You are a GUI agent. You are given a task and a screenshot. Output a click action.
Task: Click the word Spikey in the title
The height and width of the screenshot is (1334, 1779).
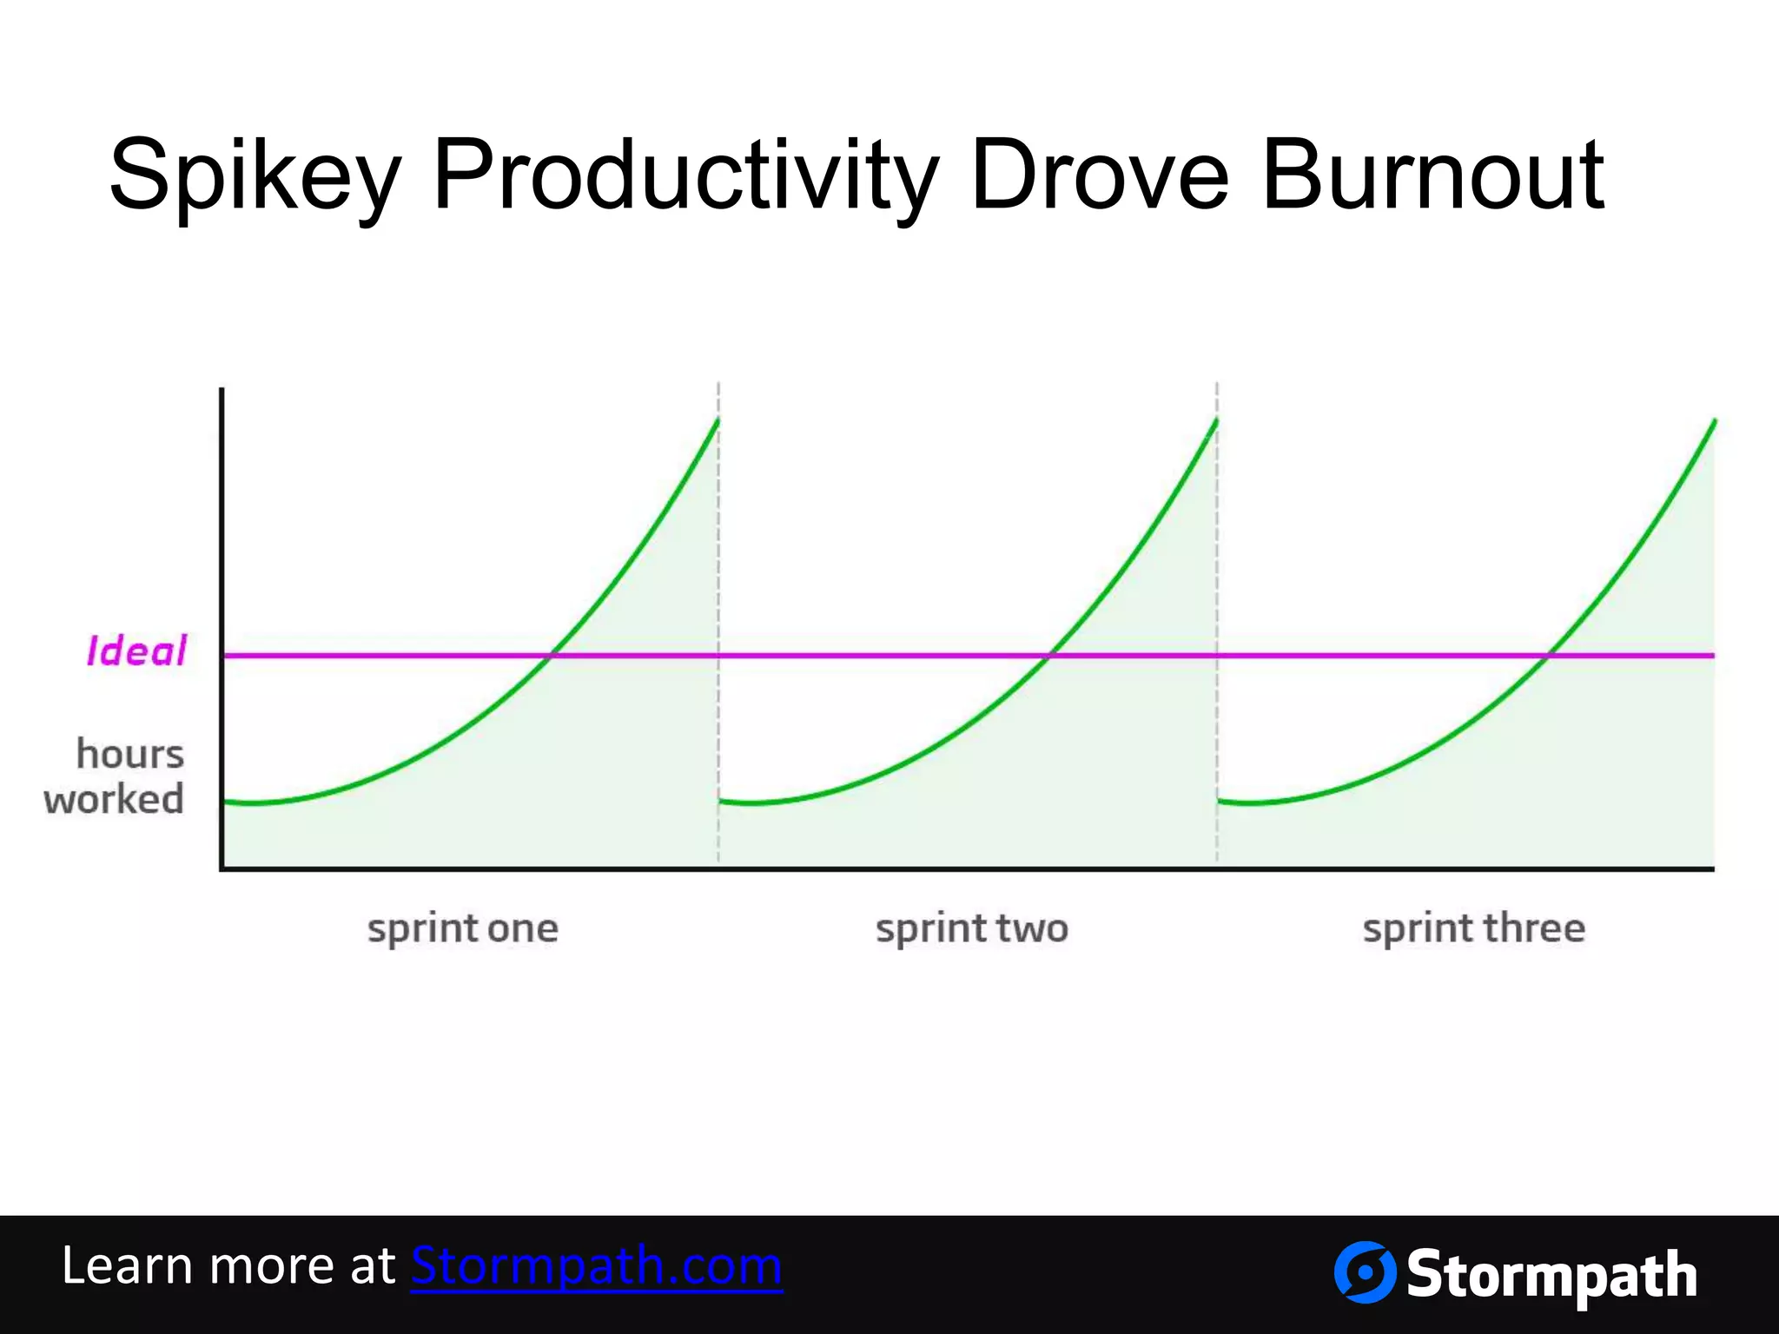tap(255, 176)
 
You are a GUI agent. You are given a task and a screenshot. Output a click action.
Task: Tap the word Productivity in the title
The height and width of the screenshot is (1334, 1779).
tap(685, 176)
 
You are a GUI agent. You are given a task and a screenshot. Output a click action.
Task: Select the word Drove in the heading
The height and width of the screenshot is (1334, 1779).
tap(1100, 176)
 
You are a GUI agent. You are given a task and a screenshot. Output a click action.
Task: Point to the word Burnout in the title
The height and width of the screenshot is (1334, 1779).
tap(1432, 176)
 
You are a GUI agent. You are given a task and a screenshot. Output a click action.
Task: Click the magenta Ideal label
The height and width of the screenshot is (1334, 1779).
tap(136, 651)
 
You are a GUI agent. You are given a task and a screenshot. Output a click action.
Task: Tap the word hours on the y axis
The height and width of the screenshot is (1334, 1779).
tap(130, 754)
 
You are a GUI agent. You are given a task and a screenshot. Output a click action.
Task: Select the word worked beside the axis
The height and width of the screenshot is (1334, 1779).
tap(114, 800)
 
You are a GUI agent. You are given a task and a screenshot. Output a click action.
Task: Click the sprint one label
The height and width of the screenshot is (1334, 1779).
tap(463, 929)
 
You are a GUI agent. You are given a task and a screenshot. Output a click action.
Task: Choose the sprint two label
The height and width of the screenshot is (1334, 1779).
tap(972, 929)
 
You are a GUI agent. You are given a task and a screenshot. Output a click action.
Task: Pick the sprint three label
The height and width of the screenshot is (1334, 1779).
tap(1474, 929)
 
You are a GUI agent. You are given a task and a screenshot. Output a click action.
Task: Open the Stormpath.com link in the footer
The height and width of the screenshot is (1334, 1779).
tap(597, 1265)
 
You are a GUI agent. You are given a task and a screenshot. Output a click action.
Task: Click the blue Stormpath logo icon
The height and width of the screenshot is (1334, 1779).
tap(1365, 1272)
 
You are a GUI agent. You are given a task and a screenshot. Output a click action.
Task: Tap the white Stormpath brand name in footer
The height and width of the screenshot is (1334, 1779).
tap(1551, 1275)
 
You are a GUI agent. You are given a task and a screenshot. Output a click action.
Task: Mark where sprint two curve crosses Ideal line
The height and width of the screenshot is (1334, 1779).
tap(1049, 655)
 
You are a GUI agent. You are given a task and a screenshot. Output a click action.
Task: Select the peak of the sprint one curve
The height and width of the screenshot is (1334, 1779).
tap(718, 420)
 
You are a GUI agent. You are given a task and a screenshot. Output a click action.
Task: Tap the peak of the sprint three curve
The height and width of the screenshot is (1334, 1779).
tap(1715, 420)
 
